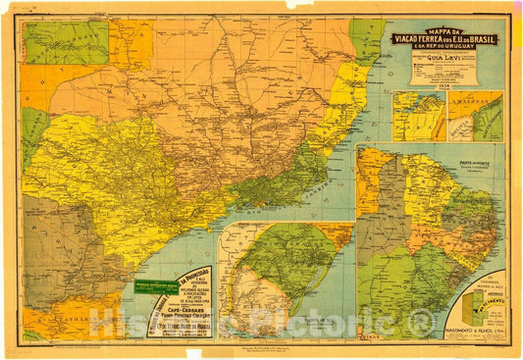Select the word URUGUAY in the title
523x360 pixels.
[x=473, y=49]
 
